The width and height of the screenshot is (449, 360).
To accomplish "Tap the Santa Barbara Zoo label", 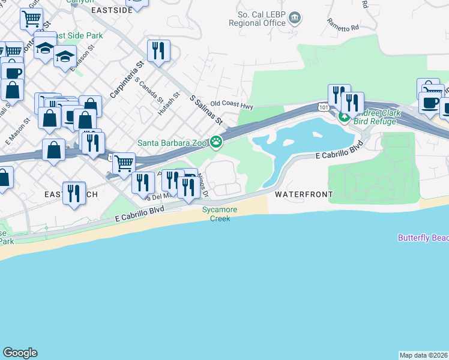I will (172, 143).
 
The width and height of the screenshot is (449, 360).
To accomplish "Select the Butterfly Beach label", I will (423, 238).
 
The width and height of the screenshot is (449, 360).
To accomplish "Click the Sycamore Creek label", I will (220, 214).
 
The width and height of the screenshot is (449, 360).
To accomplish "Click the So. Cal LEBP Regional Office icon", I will (295, 17).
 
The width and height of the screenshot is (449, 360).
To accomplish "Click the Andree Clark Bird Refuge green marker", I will (344, 116).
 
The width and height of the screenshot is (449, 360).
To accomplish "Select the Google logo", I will (20, 353).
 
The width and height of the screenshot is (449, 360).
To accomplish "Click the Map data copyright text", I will (424, 355).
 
